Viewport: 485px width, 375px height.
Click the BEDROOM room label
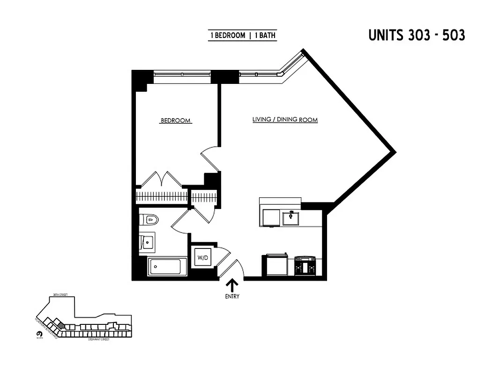click(x=175, y=120)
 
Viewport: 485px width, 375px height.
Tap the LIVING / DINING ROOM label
click(x=285, y=120)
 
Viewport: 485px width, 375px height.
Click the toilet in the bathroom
click(x=150, y=219)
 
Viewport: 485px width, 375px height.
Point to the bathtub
click(x=167, y=267)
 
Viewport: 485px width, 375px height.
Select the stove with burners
click(x=305, y=265)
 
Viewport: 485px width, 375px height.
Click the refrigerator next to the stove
click(x=276, y=265)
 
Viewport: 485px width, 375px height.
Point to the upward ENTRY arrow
click(x=232, y=285)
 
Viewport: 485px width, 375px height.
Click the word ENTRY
click(x=232, y=296)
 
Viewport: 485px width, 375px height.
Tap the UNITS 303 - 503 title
click(x=416, y=35)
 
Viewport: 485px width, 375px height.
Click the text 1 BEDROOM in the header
click(x=228, y=36)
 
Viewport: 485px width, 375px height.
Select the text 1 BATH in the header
click(x=265, y=36)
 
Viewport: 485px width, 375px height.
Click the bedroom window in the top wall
click(x=182, y=74)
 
